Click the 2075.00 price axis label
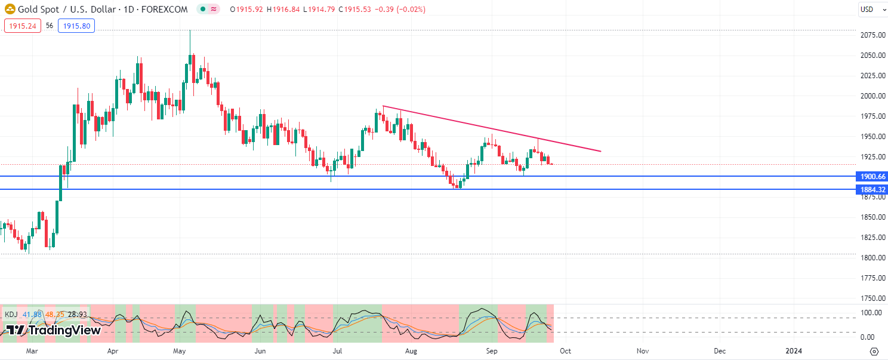tap(872, 35)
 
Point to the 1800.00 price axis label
tap(872, 258)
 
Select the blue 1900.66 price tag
tap(872, 176)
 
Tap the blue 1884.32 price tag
tap(872, 189)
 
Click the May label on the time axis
tap(180, 351)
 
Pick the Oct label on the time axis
tap(565, 351)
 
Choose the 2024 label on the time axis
tap(794, 351)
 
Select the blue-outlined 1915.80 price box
tap(76, 26)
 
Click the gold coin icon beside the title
tap(10, 10)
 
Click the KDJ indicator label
tap(11, 314)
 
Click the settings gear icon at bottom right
tap(874, 351)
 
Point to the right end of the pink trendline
tap(600, 151)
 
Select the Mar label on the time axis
tap(32, 351)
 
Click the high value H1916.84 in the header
tap(283, 10)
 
